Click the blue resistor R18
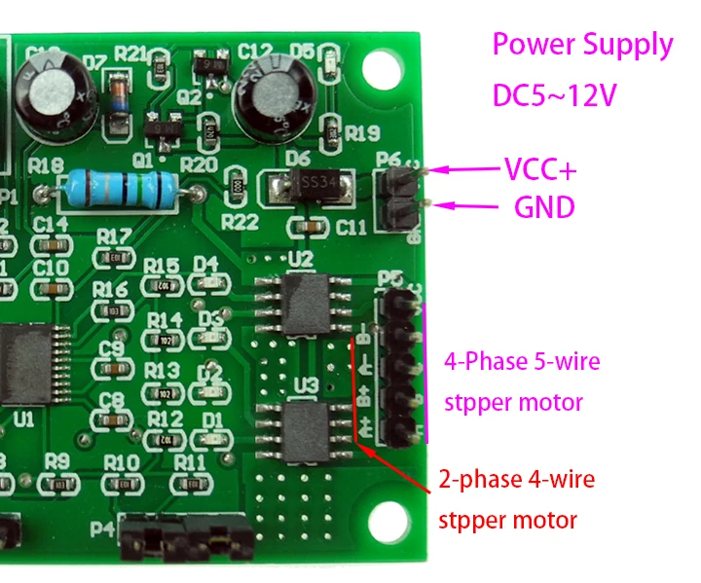coord(120,186)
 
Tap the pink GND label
coord(543,206)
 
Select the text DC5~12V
coord(556,96)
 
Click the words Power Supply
coord(582,44)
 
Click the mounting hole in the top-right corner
coord(386,66)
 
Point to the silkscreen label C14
coord(50,225)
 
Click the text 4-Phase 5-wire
coord(521,362)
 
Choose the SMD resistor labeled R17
coord(117,257)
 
